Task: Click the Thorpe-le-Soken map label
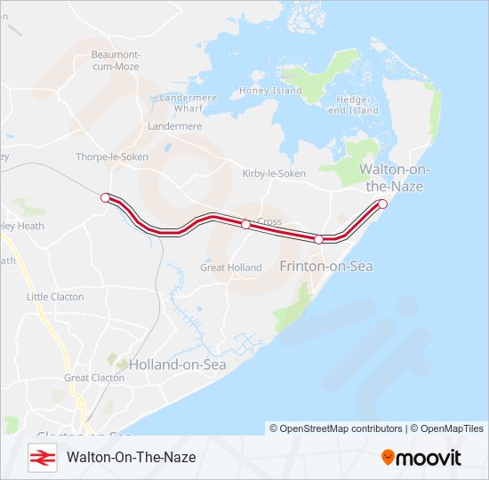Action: (112, 156)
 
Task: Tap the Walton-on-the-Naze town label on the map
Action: (390, 178)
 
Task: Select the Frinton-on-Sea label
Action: (326, 266)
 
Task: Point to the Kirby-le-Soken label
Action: (274, 174)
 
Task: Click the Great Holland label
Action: (231, 268)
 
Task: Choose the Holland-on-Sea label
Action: (178, 364)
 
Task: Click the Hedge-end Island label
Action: (353, 106)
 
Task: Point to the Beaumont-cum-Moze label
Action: (116, 60)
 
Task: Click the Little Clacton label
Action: (54, 297)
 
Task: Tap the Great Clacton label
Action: (94, 378)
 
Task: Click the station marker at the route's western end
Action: (106, 197)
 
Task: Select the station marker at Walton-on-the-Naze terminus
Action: (383, 204)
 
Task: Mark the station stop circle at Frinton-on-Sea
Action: (318, 239)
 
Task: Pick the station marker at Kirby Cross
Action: (246, 225)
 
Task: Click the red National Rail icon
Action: (41, 457)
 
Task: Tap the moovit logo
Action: (421, 458)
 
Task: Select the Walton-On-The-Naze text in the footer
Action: (131, 457)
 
